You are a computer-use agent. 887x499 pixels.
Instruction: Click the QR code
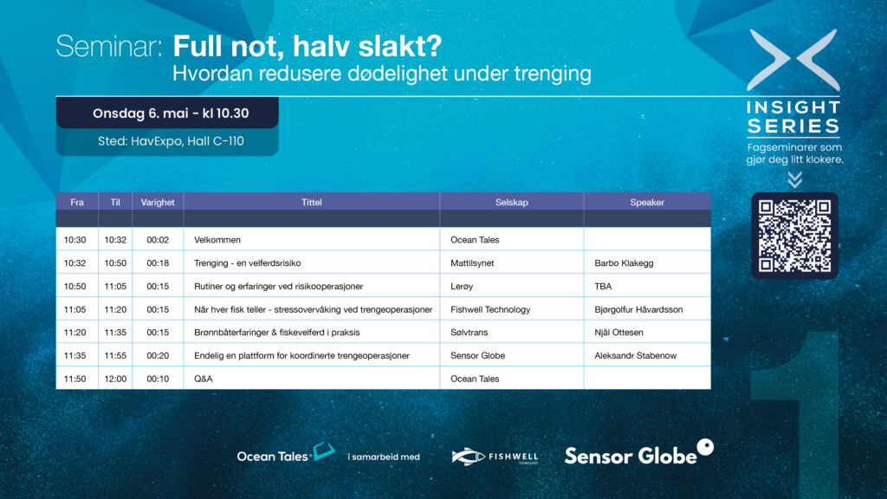(x=795, y=236)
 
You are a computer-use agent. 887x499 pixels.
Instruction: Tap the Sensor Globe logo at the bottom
(x=638, y=452)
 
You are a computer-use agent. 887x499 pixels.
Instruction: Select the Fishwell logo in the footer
(x=495, y=456)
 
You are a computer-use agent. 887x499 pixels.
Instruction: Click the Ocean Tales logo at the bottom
(x=286, y=453)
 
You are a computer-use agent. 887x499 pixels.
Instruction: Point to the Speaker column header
(x=647, y=202)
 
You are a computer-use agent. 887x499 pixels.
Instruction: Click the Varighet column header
(x=158, y=202)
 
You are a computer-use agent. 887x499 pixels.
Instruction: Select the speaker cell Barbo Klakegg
(x=624, y=263)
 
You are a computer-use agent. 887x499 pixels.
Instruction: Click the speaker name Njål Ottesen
(x=618, y=333)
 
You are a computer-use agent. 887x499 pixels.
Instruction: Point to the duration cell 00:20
(x=158, y=356)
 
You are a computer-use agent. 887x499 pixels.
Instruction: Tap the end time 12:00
(x=115, y=379)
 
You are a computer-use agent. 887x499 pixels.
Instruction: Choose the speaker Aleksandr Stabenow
(x=635, y=356)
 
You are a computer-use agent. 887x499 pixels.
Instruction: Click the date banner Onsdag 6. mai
(x=167, y=113)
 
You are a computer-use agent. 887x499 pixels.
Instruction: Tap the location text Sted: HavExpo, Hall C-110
(x=171, y=141)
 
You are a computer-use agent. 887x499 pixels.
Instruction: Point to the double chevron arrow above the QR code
(x=795, y=180)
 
